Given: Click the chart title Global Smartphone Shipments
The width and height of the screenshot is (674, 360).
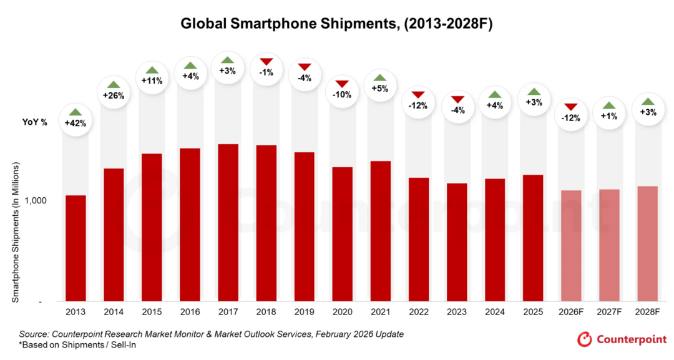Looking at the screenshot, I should pos(337,24).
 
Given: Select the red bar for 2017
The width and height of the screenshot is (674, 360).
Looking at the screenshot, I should pos(228,223).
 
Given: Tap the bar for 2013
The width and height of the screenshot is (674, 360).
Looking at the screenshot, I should pos(76,248).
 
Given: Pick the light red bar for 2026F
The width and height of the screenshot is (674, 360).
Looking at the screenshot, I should pos(571,246).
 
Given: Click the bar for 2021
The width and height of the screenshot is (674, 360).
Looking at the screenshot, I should pos(380,231).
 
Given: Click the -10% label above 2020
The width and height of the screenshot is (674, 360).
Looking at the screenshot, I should pos(342,95).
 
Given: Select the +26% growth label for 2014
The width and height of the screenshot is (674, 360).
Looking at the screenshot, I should pos(114,95).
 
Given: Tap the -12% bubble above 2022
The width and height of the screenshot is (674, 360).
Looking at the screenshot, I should pos(418,105).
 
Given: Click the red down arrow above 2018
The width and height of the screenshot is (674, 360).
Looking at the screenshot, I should pos(266,61).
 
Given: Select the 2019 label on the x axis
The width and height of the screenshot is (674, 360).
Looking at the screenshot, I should pos(304,311).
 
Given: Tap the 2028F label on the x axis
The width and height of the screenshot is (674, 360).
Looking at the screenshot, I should pos(647,311).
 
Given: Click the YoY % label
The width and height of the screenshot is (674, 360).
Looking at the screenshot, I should pos(35,122).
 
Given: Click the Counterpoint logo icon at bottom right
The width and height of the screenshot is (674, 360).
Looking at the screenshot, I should pos(584,339).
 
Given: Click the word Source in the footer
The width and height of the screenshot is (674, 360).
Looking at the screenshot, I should pos(33,334).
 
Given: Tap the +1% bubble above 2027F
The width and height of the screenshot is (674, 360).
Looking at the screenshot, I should pos(608,116).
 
